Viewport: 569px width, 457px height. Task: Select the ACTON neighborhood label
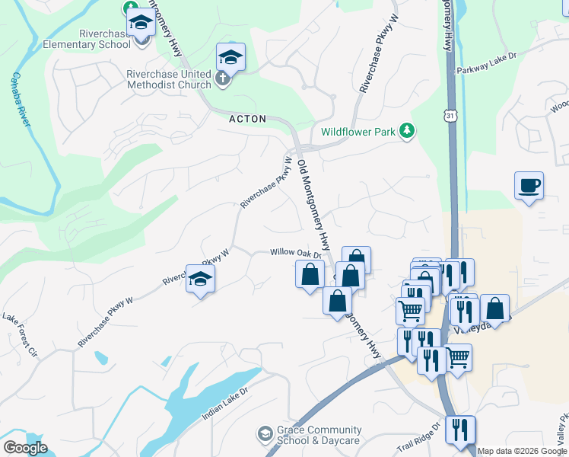click(248, 119)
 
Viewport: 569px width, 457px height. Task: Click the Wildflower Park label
click(358, 132)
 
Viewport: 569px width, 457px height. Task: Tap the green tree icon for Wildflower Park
click(408, 131)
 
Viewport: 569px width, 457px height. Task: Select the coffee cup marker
click(529, 186)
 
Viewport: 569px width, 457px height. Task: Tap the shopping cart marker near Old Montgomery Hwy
click(410, 310)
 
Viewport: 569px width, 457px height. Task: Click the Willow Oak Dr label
click(293, 253)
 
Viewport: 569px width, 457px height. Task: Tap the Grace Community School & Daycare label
click(308, 436)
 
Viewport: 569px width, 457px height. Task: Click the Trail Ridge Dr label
click(418, 437)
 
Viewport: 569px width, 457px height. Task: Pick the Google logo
click(24, 448)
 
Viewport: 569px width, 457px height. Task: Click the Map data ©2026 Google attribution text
click(522, 451)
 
